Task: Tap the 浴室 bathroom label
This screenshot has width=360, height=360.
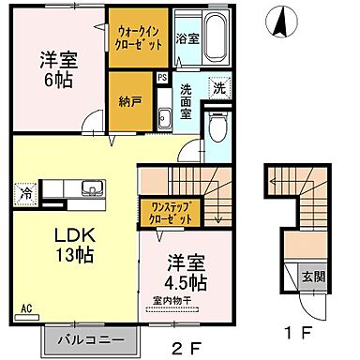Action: [187, 39]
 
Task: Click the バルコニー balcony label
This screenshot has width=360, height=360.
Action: [90, 337]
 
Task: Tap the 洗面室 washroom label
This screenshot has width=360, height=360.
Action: [186, 100]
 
